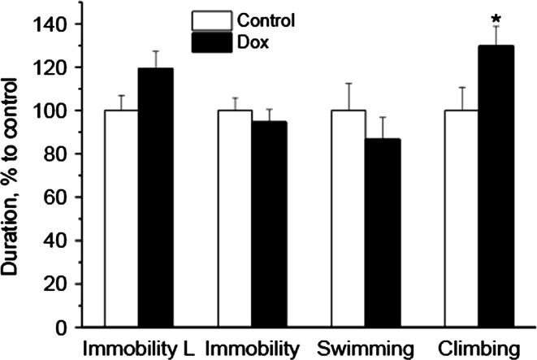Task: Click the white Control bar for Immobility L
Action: coord(120,219)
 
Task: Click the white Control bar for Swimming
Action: coord(349,219)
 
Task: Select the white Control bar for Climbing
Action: coord(461,219)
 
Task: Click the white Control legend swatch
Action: coord(206,20)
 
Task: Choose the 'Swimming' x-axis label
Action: coord(366,349)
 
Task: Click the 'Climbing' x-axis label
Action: coord(479,349)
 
